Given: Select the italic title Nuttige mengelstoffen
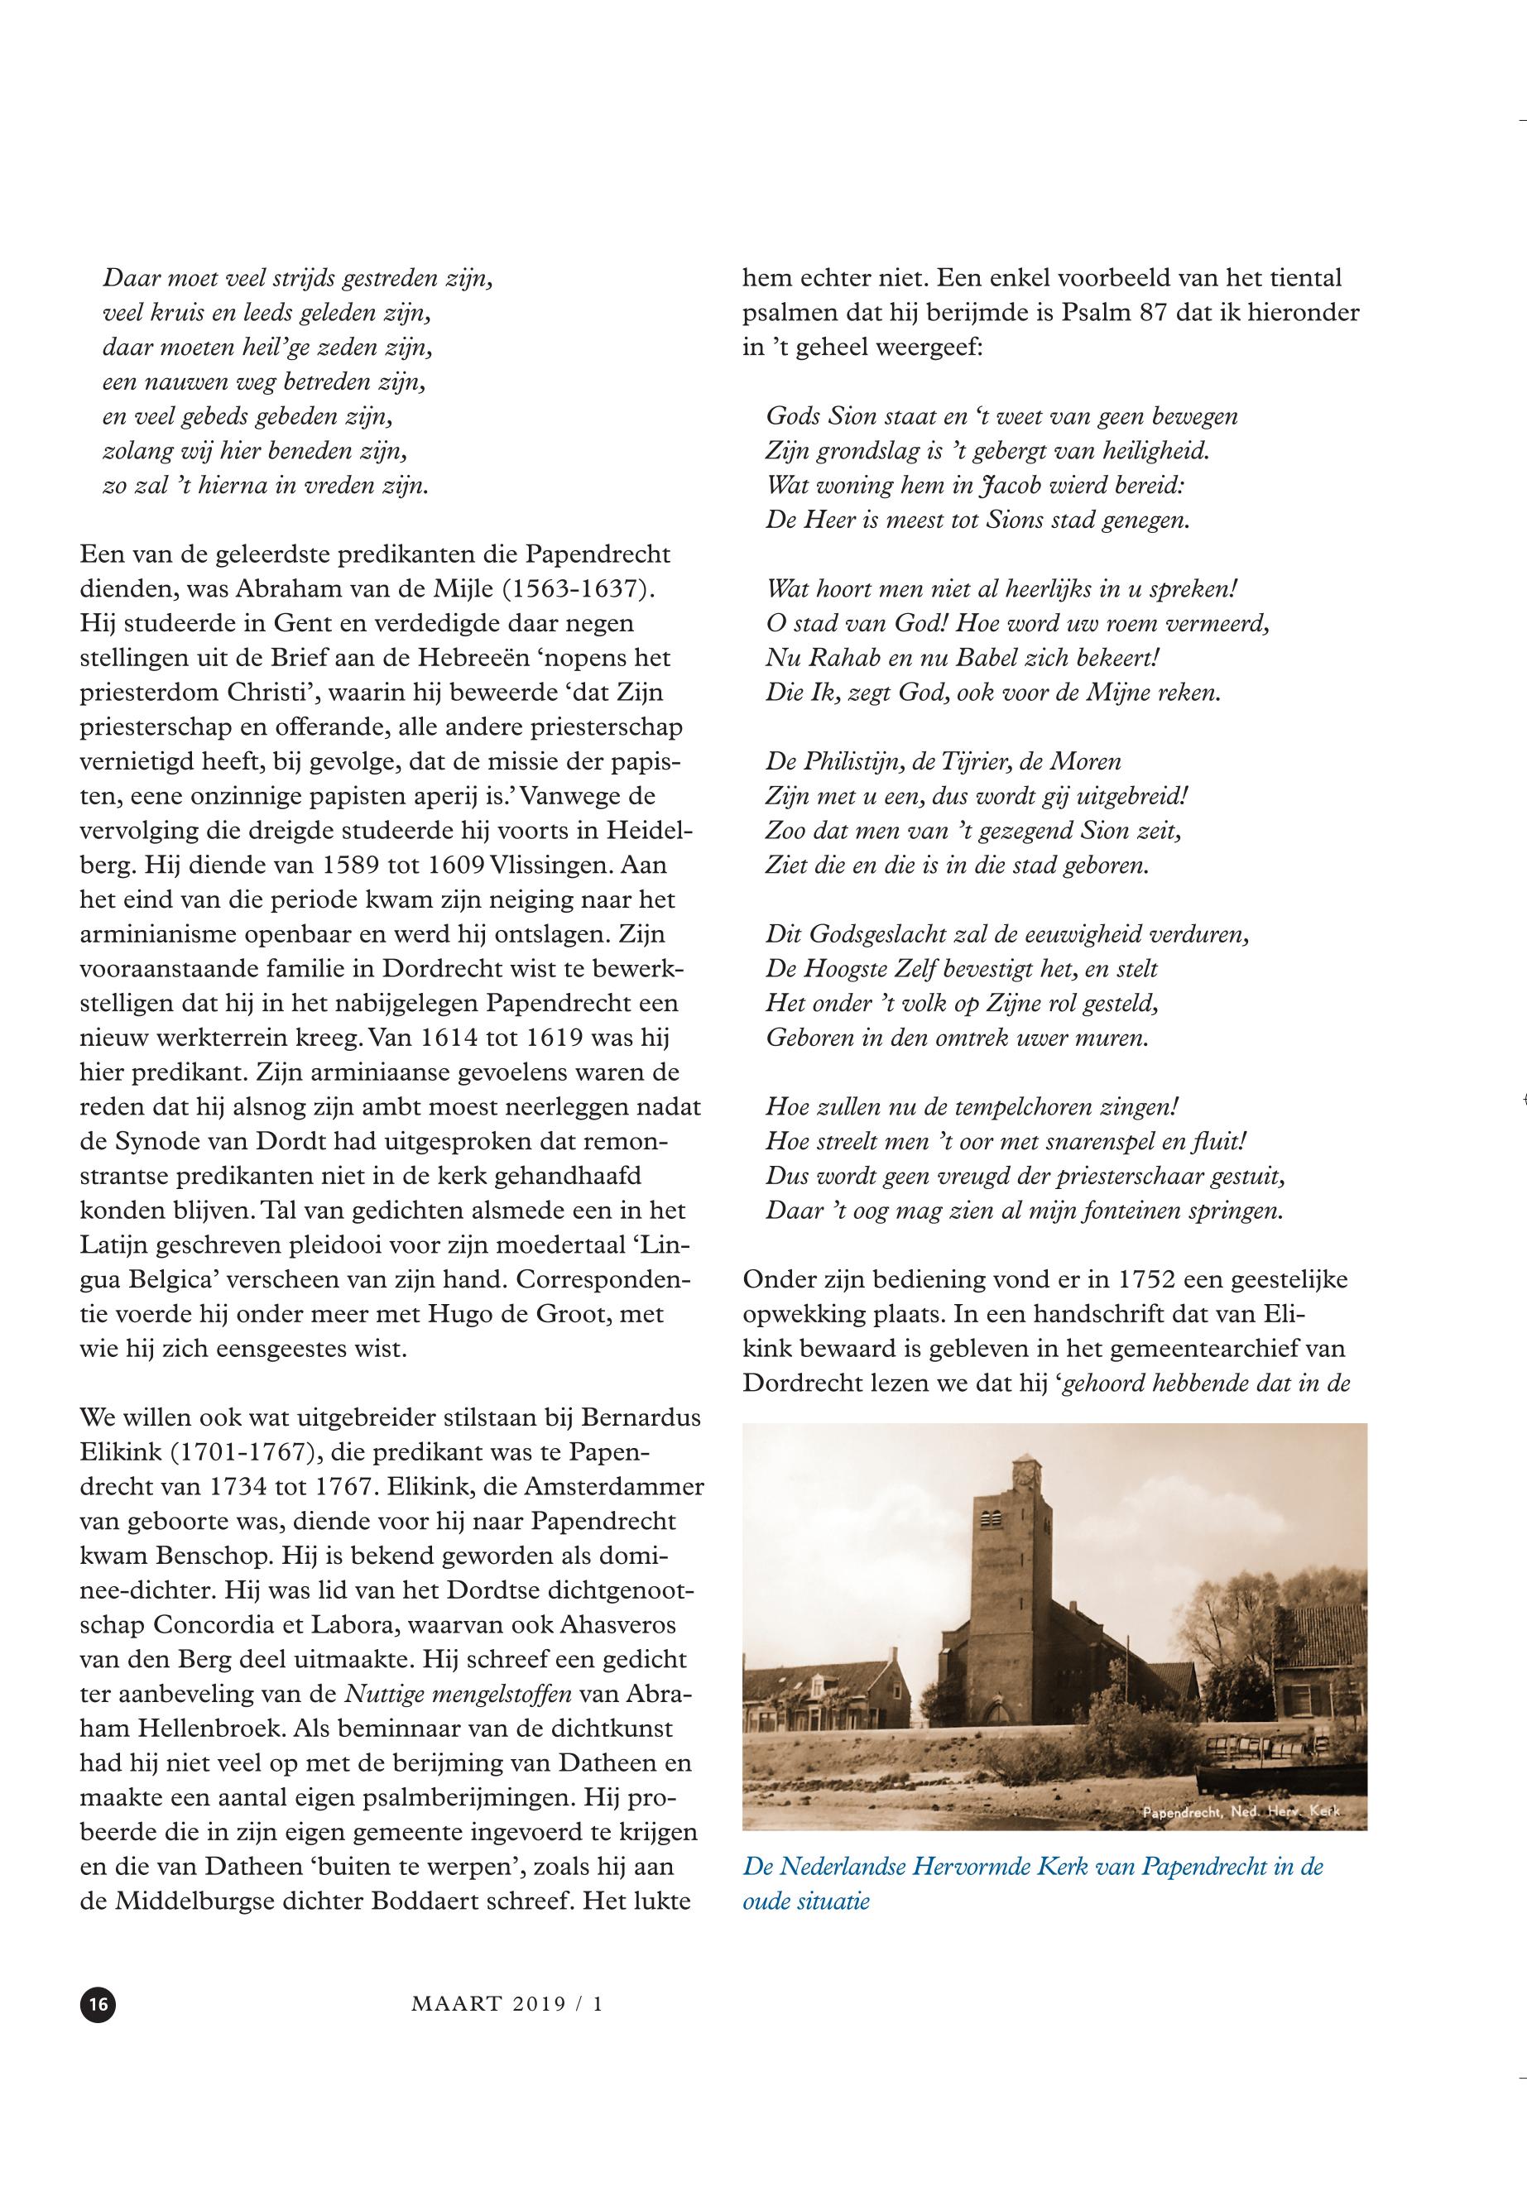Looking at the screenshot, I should pos(458,1693).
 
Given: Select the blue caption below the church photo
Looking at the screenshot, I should pos(1032,1882).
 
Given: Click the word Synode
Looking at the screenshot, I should pos(158,1141).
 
